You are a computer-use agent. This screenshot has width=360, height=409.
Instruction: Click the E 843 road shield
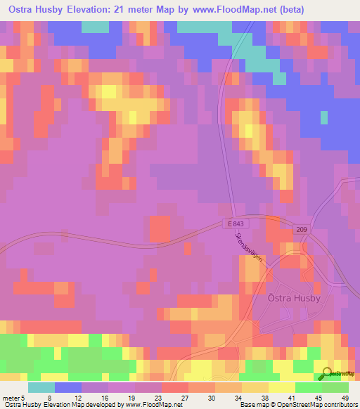[237, 223]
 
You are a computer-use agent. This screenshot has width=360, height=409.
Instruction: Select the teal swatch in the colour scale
[41, 387]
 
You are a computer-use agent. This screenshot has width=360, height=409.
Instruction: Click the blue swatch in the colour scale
[67, 387]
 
